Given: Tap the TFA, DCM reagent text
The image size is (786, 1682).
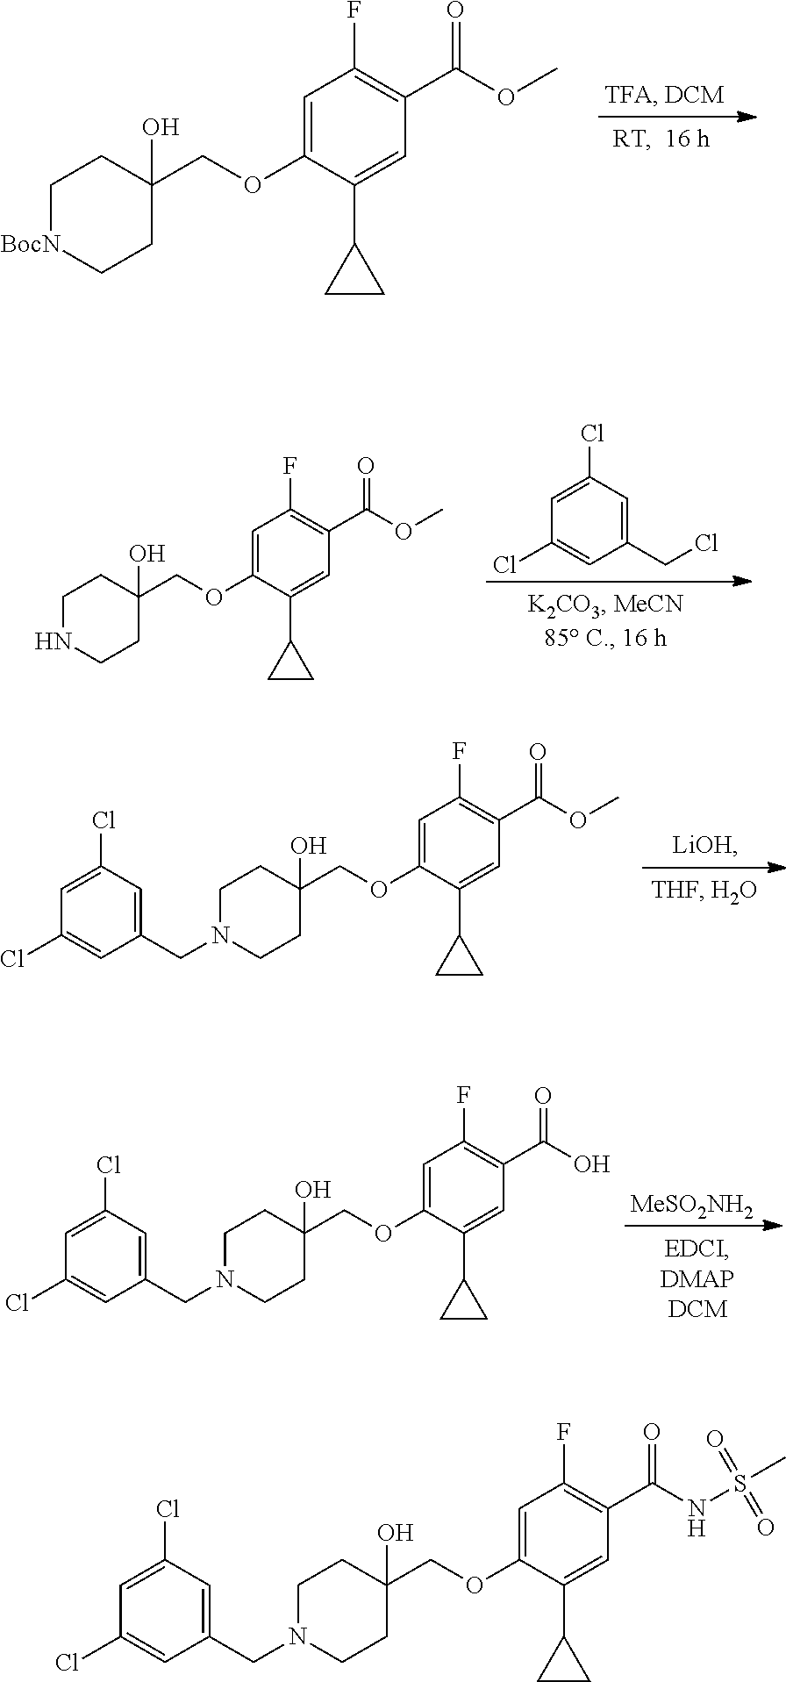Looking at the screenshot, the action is pos(663,95).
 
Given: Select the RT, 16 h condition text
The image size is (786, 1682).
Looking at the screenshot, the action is pos(661,139).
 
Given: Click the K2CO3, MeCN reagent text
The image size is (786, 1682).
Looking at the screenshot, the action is pos(604,605).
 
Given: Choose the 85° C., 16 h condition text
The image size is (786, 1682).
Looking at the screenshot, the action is pos(604,638).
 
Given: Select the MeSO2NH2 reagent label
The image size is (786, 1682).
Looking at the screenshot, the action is pos(691,1208).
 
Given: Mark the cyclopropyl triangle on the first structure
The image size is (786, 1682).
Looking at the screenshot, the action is pos(354,276).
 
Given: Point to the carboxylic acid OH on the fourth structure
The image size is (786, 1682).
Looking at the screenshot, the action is pos(591,1164).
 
